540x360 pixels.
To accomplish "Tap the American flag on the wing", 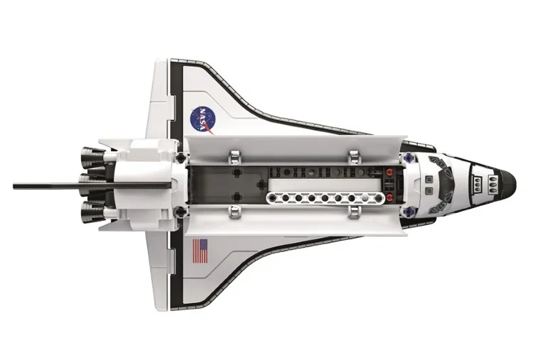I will (x=201, y=251).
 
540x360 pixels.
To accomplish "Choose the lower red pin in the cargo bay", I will (x=390, y=197).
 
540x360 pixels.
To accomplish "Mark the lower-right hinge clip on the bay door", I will (x=353, y=211).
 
